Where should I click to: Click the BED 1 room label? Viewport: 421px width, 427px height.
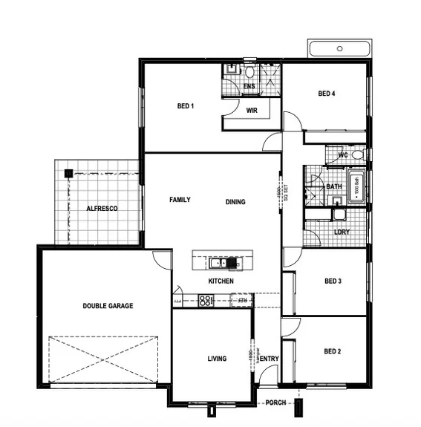coord(185,106)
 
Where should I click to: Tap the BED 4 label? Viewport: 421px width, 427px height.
coord(327,94)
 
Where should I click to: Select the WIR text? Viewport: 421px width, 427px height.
coord(252,111)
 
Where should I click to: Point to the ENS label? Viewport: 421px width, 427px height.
coord(249,87)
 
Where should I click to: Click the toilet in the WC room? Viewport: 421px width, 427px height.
coord(358,155)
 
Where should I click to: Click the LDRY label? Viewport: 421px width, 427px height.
coord(342,232)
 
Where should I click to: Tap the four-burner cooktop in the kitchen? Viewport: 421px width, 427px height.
coord(205,301)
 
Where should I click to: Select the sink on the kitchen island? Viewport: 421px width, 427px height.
coord(216,262)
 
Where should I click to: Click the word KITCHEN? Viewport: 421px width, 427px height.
coord(221,281)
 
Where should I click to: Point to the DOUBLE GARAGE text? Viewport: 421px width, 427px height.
coord(108,306)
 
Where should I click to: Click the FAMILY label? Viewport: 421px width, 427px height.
coord(180,200)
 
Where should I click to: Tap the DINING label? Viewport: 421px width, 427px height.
coord(235,202)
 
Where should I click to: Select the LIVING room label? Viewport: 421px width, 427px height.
coord(217,359)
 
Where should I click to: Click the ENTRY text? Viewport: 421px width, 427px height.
coord(270,359)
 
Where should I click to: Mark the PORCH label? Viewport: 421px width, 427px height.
coord(275,404)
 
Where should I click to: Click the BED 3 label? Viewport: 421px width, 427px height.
coord(333,281)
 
